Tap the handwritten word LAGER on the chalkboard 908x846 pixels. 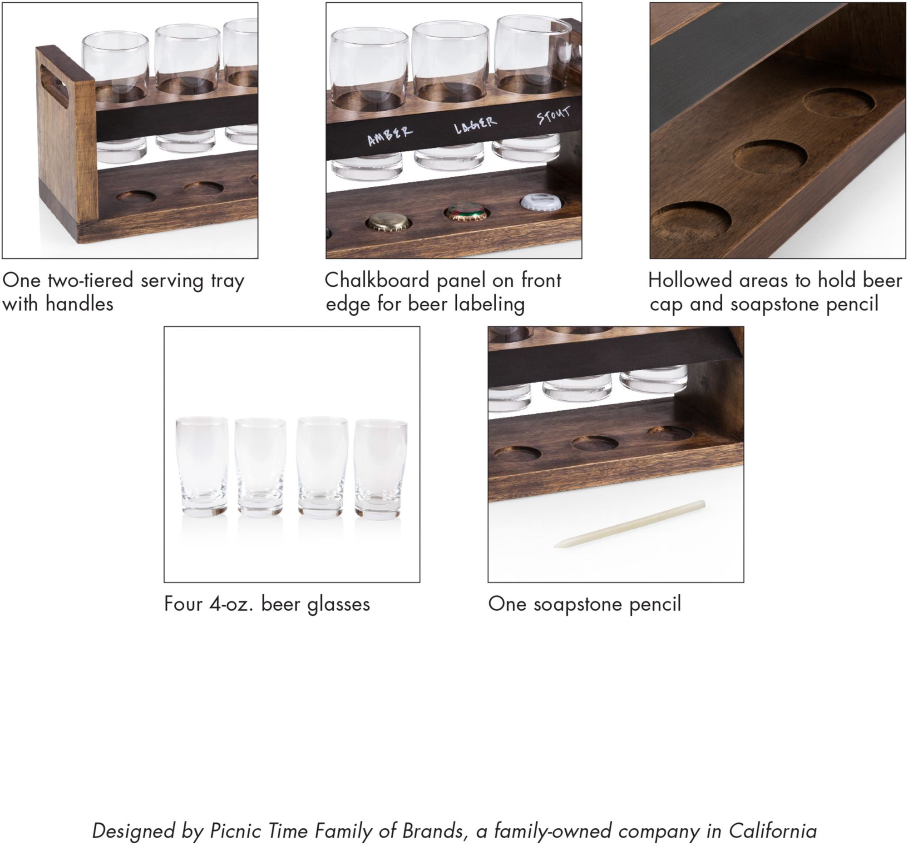[475, 124]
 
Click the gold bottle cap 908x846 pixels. [388, 223]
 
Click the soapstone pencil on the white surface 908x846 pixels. [630, 524]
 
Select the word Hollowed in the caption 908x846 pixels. [690, 280]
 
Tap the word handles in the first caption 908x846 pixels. [79, 304]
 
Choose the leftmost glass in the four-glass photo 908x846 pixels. [202, 467]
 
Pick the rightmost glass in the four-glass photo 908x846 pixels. [381, 469]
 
